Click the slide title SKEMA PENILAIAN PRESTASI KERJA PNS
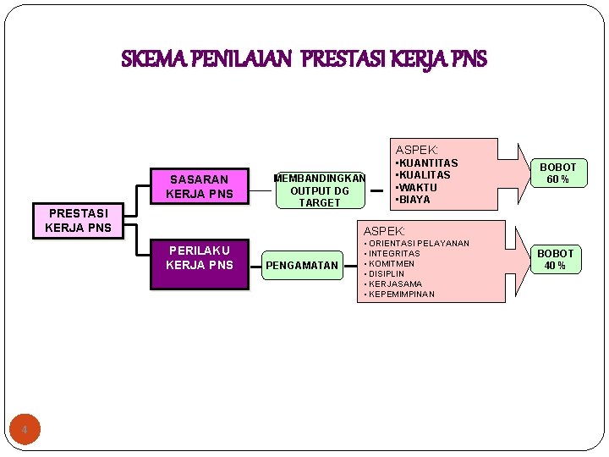click(304, 60)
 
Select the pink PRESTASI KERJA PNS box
click(78, 221)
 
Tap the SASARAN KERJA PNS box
click(199, 187)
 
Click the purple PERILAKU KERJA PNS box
click(199, 258)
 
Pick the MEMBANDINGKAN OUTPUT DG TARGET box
click(319, 190)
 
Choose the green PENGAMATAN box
click(301, 266)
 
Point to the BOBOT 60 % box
click(557, 173)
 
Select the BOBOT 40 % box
click(555, 260)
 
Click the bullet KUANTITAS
click(427, 162)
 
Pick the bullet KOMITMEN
click(390, 264)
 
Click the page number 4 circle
click(25, 431)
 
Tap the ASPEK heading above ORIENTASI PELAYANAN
click(384, 231)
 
